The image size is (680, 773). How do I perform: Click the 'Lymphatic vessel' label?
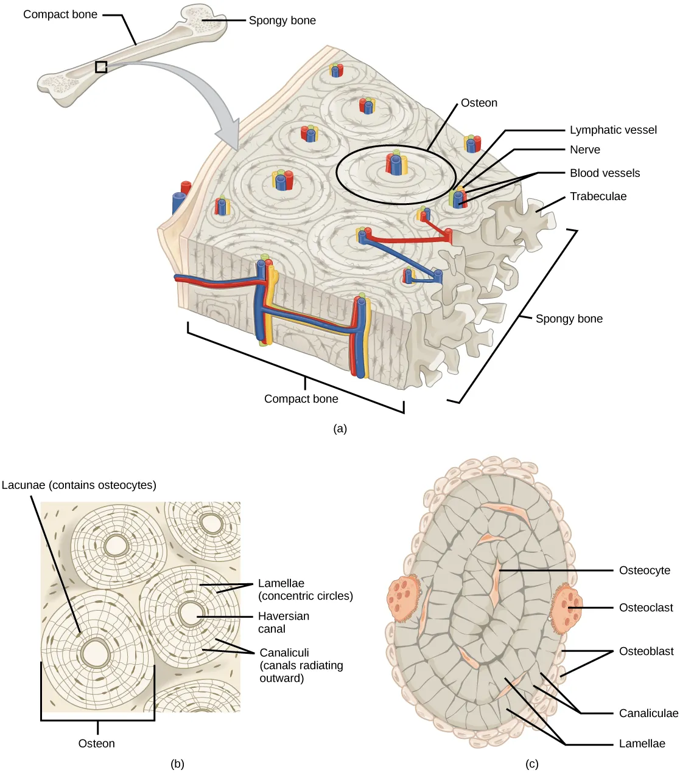point(613,130)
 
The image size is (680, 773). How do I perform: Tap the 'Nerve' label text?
point(584,150)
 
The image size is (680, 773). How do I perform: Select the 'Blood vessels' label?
point(605,173)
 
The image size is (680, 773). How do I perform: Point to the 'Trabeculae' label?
point(598,196)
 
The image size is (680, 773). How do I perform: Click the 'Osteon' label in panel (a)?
point(478,103)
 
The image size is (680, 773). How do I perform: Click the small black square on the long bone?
point(101,67)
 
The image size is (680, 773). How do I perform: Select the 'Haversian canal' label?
point(283,622)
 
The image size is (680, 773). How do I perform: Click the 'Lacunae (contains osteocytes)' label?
point(79,485)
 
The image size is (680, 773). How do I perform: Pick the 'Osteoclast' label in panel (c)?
point(645,608)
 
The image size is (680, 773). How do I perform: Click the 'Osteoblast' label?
point(646,651)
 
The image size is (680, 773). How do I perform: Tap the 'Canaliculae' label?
point(648,713)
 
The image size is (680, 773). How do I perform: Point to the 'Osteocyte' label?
point(644,570)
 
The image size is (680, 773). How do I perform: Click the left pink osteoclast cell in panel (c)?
point(404,599)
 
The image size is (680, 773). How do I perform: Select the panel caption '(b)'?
point(177,764)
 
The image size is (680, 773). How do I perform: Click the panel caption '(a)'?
point(340,429)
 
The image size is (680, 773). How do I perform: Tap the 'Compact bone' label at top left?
point(60,15)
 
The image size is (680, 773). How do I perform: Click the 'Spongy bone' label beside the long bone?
point(282,21)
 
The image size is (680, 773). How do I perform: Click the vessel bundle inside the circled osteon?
point(396,165)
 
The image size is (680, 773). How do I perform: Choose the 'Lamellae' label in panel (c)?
point(642,744)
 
